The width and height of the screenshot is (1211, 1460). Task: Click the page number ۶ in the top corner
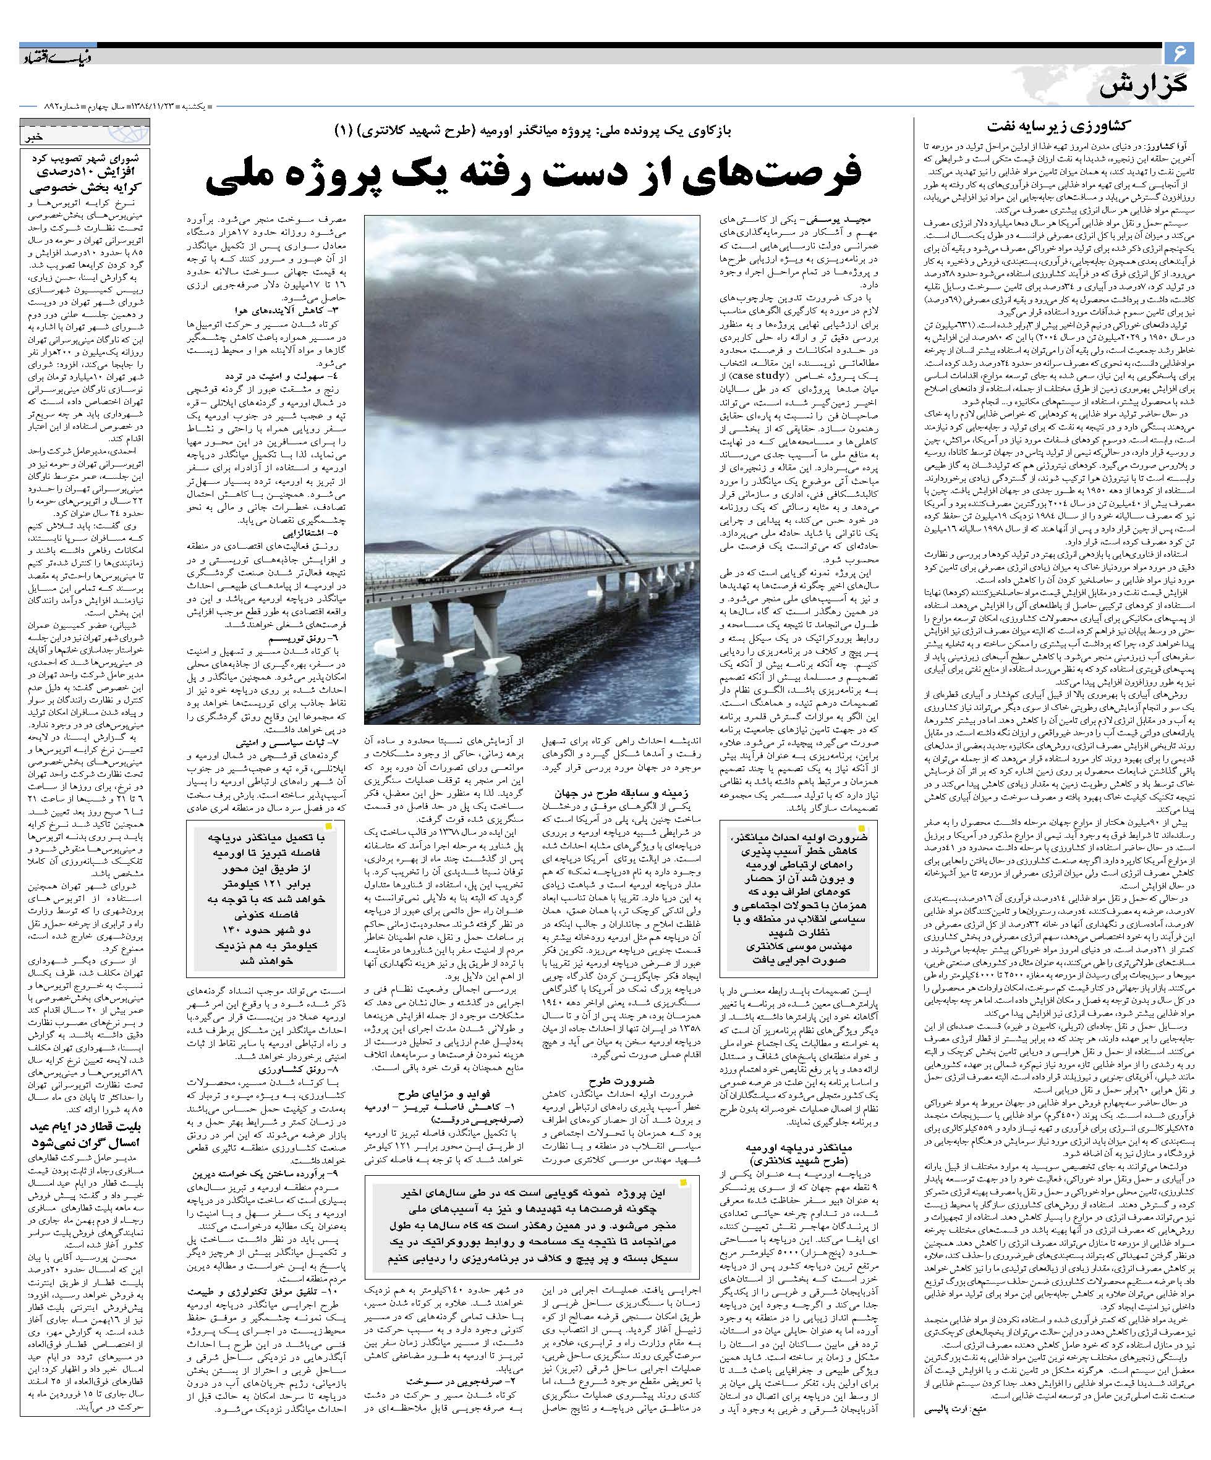pos(1178,53)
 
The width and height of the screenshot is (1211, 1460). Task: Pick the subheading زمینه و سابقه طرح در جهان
pos(612,793)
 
